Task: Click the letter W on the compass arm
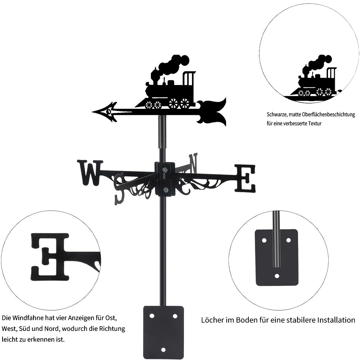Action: tap(90, 173)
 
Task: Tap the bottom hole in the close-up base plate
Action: tap(276, 276)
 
